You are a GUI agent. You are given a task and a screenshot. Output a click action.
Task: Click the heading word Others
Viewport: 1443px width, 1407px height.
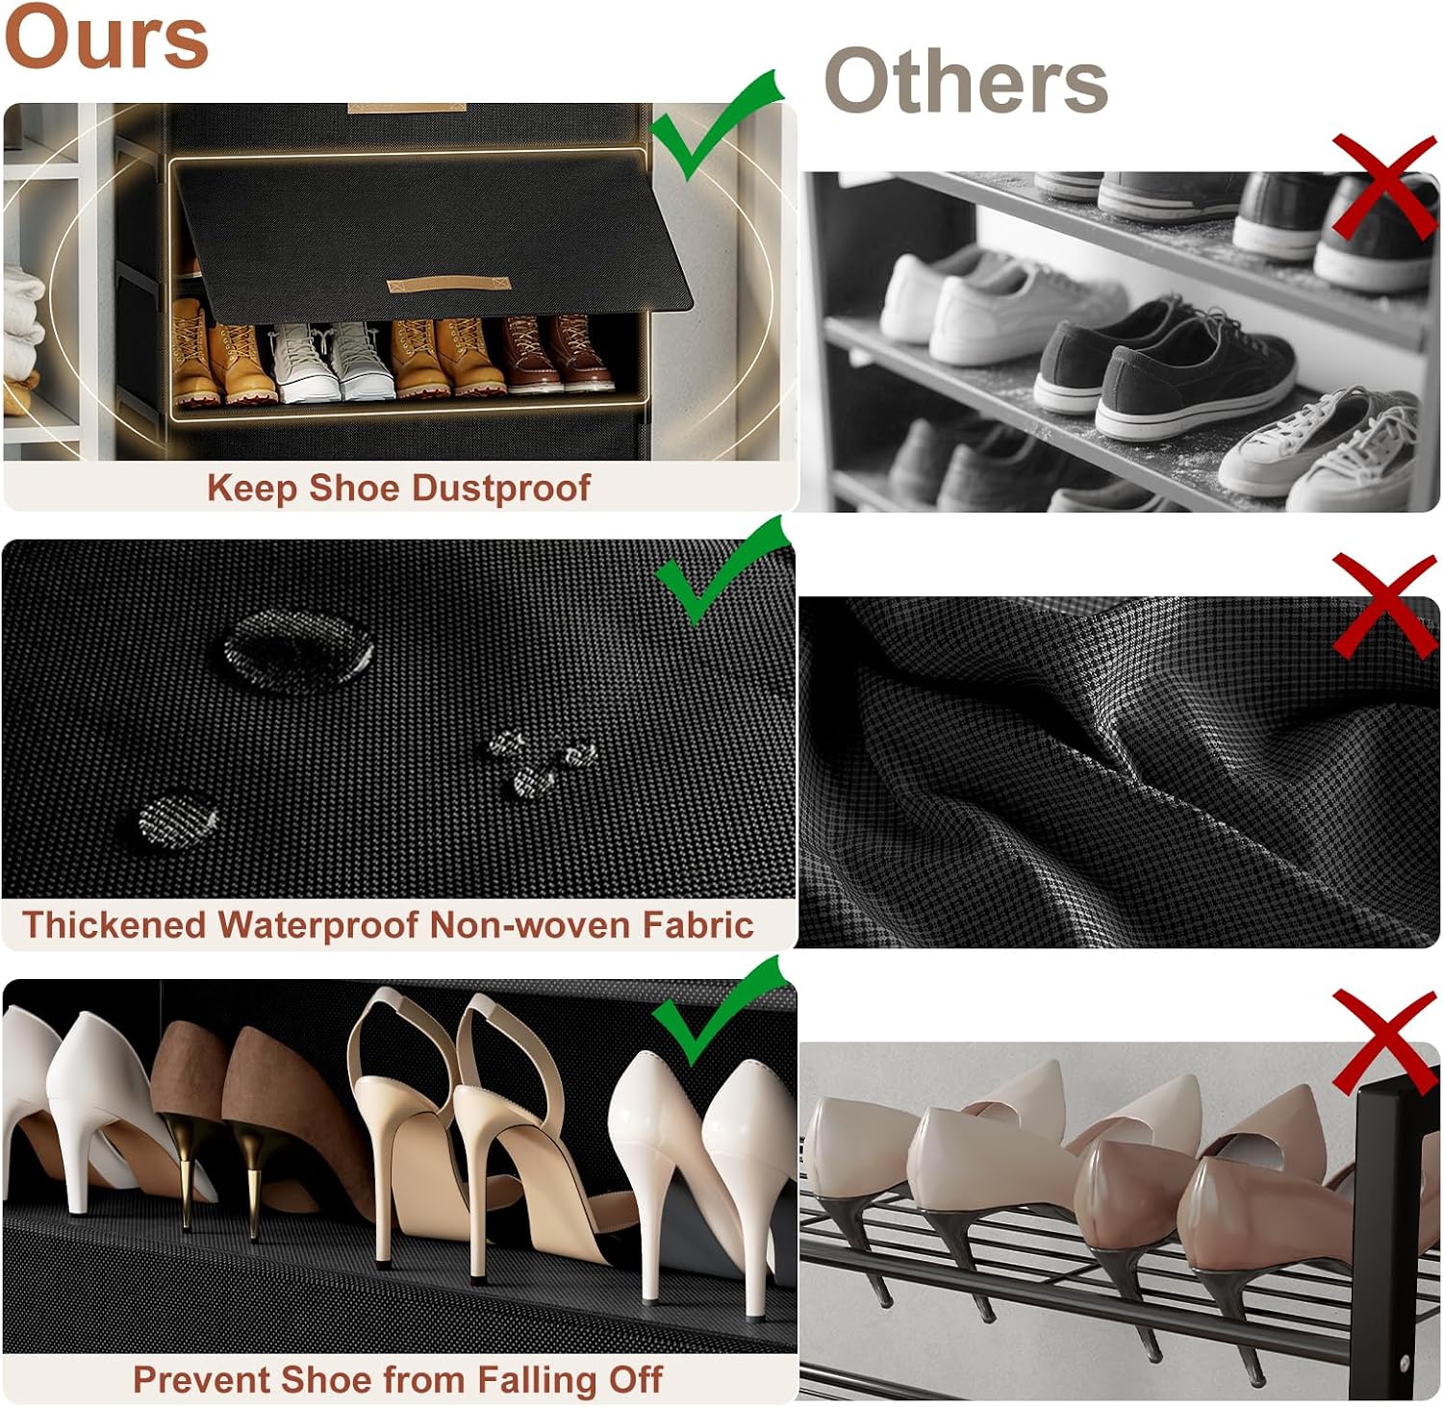(x=966, y=82)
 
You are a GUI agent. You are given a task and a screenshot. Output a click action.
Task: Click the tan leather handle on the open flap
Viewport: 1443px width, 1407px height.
(x=447, y=286)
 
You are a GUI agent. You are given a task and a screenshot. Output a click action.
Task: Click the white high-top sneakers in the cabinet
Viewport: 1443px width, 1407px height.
(x=330, y=361)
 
